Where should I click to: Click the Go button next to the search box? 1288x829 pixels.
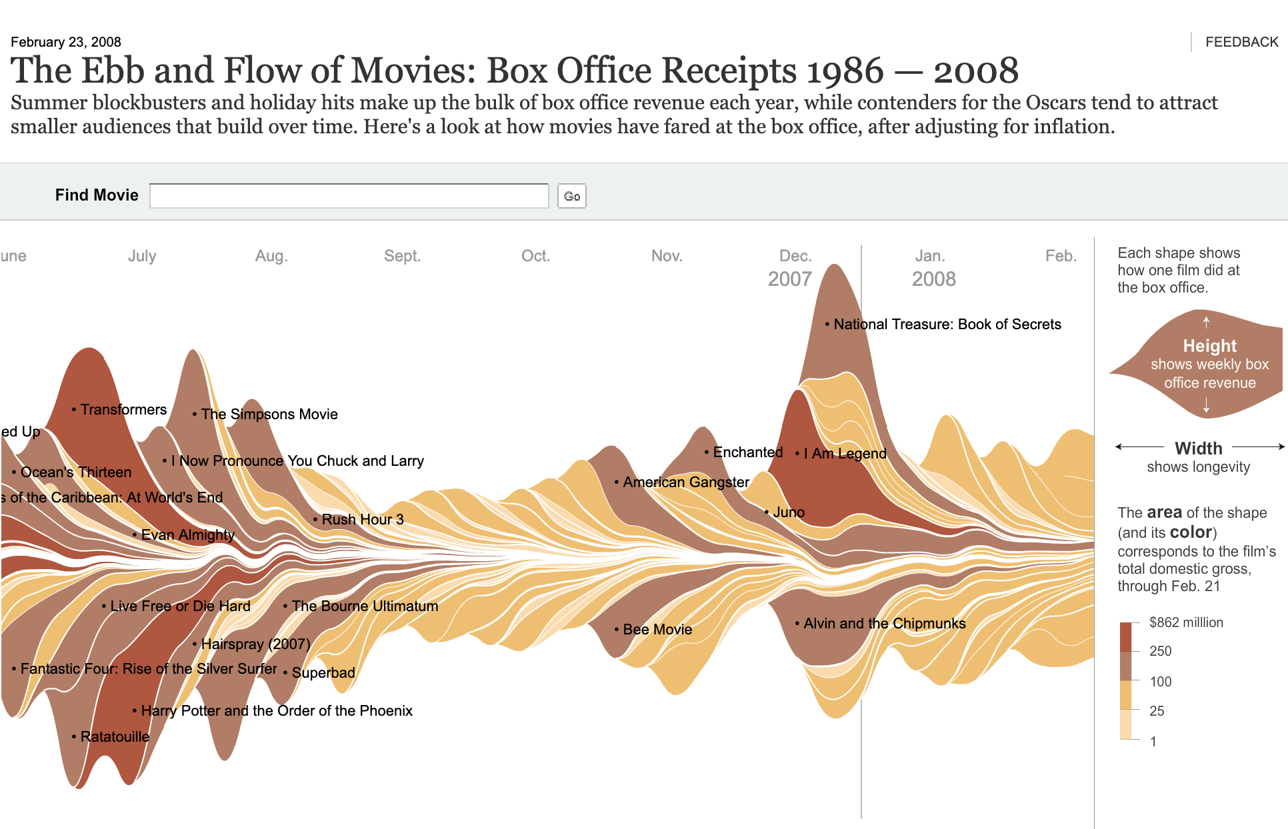pos(571,196)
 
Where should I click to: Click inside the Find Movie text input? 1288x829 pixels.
pos(349,196)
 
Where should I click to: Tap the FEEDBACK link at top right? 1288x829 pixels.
pos(1241,42)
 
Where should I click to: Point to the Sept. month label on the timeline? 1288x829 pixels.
pos(402,256)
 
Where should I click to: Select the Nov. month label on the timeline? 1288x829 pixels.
pos(667,256)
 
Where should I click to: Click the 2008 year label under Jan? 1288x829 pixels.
pos(933,279)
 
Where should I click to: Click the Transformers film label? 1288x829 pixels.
pos(123,409)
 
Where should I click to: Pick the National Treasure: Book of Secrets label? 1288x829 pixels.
pos(947,324)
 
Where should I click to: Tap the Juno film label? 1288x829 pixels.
pos(789,512)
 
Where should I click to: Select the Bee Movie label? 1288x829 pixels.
pos(657,629)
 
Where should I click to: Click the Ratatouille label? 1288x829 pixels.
pos(115,736)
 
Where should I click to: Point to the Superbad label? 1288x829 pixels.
pos(323,672)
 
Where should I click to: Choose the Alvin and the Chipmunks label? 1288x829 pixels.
pos(884,623)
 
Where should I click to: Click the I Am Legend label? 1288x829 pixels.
pos(845,453)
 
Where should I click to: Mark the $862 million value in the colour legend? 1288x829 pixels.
pos(1186,622)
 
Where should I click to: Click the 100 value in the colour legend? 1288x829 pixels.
pos(1160,681)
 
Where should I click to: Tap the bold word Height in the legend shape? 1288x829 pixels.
pos(1209,346)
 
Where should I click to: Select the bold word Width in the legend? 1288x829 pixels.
pos(1198,448)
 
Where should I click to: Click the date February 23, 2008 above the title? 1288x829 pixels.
pos(66,42)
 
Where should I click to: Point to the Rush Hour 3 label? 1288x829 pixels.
pos(363,519)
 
